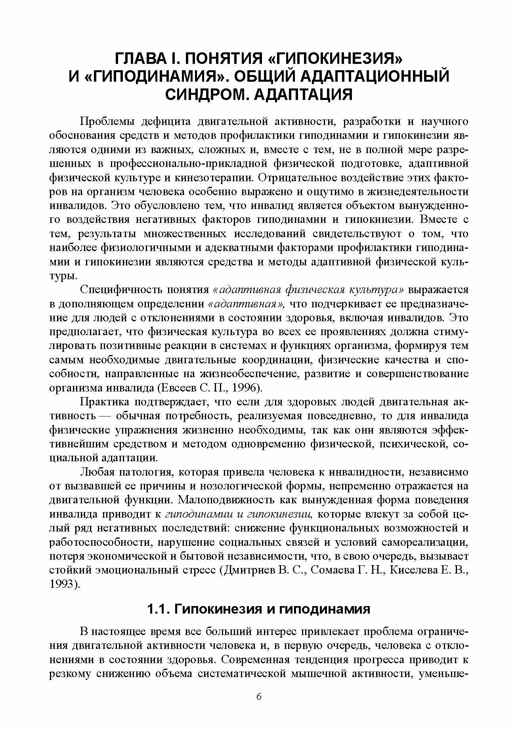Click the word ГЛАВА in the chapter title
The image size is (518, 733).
(139, 59)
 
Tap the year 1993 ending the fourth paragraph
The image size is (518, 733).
(64, 584)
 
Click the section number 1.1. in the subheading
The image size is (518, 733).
(159, 609)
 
